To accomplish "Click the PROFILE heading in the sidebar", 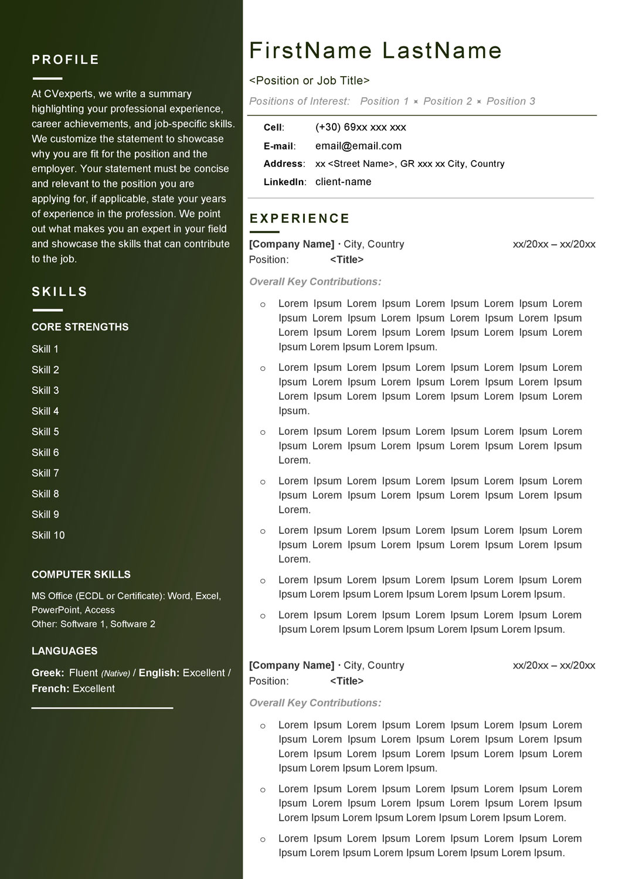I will pyautogui.click(x=66, y=60).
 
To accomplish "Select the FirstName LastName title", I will pyautogui.click(x=375, y=51).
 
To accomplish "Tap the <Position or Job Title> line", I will pyautogui.click(x=310, y=81).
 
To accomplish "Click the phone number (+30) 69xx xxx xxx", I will pyautogui.click(x=361, y=127).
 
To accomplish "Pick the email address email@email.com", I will pyautogui.click(x=358, y=146).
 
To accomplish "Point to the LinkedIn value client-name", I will pyautogui.click(x=343, y=182).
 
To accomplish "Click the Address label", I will pyautogui.click(x=283, y=164).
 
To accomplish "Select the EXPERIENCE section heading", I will pyautogui.click(x=300, y=219).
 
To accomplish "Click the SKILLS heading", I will pyautogui.click(x=60, y=292).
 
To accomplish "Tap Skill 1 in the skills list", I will pyautogui.click(x=45, y=349).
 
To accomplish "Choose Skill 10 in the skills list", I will pyautogui.click(x=48, y=535).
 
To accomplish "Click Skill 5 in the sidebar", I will pyautogui.click(x=45, y=432).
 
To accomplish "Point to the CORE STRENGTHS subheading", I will pyautogui.click(x=80, y=327).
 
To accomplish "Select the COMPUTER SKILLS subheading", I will pyautogui.click(x=81, y=575).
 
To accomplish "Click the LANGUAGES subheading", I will pyautogui.click(x=64, y=651).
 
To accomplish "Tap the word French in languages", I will pyautogui.click(x=49, y=689).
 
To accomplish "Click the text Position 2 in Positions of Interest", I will pyautogui.click(x=447, y=101).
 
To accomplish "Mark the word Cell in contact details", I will pyautogui.click(x=273, y=128).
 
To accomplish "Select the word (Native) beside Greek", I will pyautogui.click(x=115, y=674).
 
